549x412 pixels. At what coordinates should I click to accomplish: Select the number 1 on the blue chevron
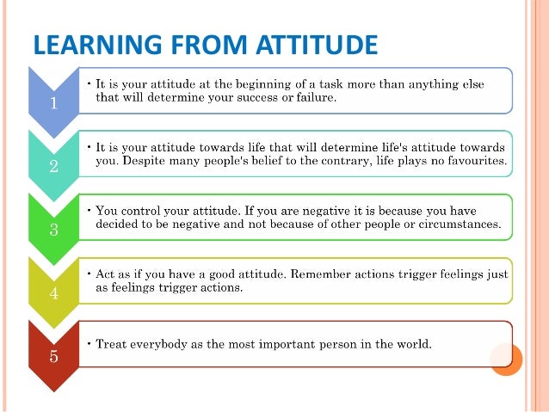[x=53, y=105]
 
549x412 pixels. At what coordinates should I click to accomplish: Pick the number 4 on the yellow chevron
[x=53, y=294]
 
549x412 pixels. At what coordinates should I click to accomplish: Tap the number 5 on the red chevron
[x=53, y=357]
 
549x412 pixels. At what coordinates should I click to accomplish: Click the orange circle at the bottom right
[x=506, y=357]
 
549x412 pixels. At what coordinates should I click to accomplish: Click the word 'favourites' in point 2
[x=472, y=162]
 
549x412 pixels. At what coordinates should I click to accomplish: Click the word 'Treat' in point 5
[x=113, y=344]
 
